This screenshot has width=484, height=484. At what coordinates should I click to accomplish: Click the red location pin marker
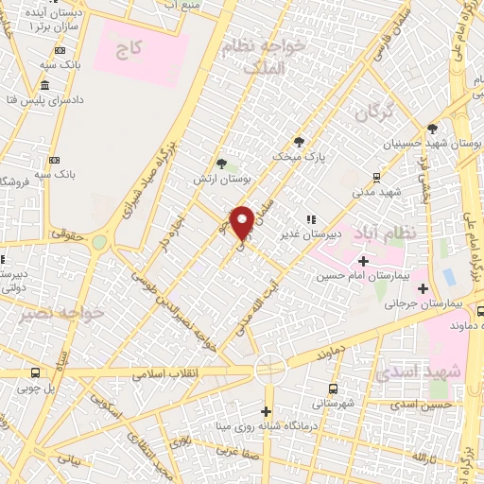click(x=242, y=222)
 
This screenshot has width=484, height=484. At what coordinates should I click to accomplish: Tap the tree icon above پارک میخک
click(x=301, y=141)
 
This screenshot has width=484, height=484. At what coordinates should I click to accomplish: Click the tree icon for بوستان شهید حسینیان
click(x=433, y=129)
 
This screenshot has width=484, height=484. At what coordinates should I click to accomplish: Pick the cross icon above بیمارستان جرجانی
click(x=423, y=288)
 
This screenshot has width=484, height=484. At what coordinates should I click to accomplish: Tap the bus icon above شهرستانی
click(x=333, y=388)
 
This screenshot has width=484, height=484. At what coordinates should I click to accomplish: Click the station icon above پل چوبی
click(x=35, y=372)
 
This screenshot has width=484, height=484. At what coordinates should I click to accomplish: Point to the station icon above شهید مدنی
click(x=376, y=177)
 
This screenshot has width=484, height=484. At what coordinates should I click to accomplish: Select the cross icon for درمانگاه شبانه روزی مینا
click(x=267, y=411)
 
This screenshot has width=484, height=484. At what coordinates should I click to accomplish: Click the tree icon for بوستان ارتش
click(x=221, y=163)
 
